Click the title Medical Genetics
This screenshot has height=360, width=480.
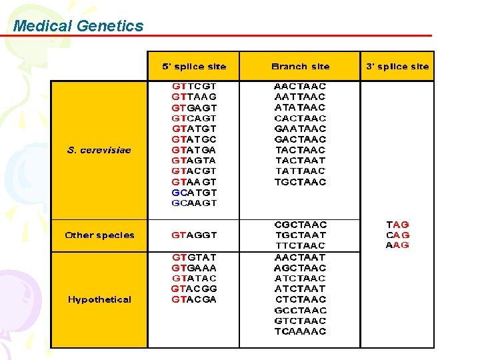pyautogui.click(x=78, y=26)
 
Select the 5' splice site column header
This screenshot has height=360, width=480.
pyautogui.click(x=194, y=67)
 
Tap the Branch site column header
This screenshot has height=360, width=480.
pyautogui.click(x=300, y=67)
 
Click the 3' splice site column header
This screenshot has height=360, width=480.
pyautogui.click(x=397, y=67)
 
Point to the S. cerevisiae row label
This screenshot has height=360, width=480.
pyautogui.click(x=99, y=150)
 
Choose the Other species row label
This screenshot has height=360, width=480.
pyautogui.click(x=99, y=235)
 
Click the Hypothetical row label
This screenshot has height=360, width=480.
pyautogui.click(x=99, y=299)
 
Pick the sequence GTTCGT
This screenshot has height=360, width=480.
pyautogui.click(x=194, y=86)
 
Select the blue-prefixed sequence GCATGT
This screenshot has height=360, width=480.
pyautogui.click(x=194, y=193)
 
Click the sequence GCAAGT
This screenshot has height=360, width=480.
pyautogui.click(x=194, y=203)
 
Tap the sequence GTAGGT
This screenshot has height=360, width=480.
pyautogui.click(x=194, y=235)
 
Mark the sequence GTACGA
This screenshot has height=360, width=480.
pyautogui.click(x=194, y=299)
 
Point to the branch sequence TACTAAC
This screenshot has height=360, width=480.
pyautogui.click(x=300, y=150)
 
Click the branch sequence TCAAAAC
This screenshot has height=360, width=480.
pyautogui.click(x=300, y=331)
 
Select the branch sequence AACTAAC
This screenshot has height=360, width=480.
pyautogui.click(x=300, y=86)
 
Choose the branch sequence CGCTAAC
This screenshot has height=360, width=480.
pyautogui.click(x=300, y=225)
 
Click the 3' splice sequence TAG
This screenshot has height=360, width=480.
pyautogui.click(x=398, y=225)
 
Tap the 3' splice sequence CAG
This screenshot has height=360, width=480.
pyautogui.click(x=398, y=235)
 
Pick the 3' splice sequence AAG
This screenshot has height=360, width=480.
pyautogui.click(x=398, y=245)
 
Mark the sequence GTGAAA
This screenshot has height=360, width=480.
pyautogui.click(x=194, y=267)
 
